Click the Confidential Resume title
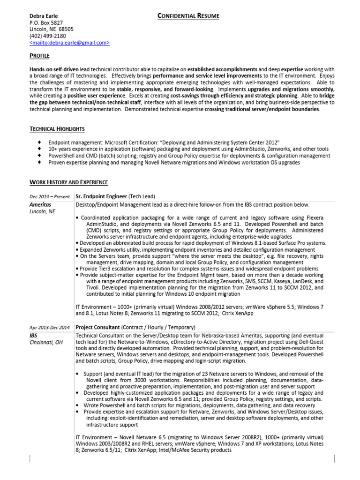pos(188,16)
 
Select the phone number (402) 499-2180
pos(47,36)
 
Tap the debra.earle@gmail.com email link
pos(69,42)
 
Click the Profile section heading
pos(39,56)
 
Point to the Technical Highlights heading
pos(57,129)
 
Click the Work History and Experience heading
pos(68,182)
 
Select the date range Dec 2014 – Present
pos(49,196)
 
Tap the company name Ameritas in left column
pos(40,205)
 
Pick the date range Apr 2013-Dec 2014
pos(49,327)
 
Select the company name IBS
pos(34,336)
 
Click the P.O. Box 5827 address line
pos(46,22)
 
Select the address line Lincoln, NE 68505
pos(51,29)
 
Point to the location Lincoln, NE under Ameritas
pos(42,212)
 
